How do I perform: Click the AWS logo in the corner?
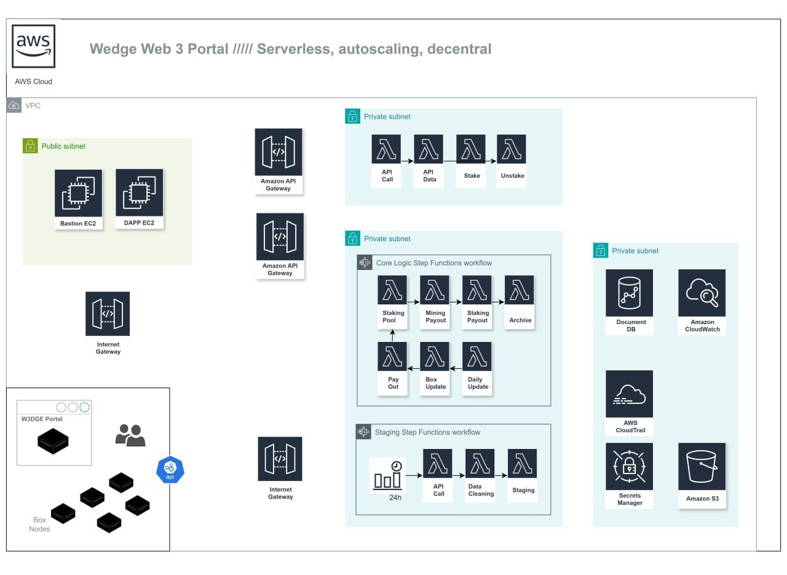coord(34,46)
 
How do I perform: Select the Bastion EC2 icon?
coord(78,193)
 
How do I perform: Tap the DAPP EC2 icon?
coord(140,192)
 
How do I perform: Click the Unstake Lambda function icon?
coord(512,149)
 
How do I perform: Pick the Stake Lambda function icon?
coord(471,149)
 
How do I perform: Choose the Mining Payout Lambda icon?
coord(435,290)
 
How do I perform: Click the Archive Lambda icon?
coord(520,290)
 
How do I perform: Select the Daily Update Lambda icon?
coord(477,357)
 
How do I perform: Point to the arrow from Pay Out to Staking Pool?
coord(393,335)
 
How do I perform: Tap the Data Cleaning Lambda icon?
coord(480,464)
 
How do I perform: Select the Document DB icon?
coord(630,293)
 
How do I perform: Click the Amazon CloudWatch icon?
coord(702,293)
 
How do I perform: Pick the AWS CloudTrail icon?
coord(630,394)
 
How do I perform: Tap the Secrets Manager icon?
coord(630,466)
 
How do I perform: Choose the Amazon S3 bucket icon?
coord(702,466)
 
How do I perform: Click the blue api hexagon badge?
coord(170,470)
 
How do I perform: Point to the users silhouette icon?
coord(130,435)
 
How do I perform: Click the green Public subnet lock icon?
coord(30,146)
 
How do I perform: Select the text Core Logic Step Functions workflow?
coord(434,263)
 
